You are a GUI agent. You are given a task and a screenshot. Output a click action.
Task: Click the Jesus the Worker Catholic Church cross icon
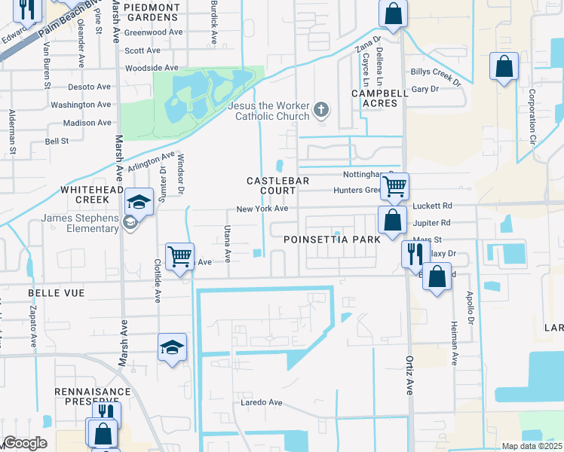(x=321, y=111)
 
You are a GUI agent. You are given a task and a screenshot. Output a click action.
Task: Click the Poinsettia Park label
(x=330, y=240)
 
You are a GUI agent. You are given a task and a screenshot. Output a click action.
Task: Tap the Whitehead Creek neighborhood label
(x=91, y=194)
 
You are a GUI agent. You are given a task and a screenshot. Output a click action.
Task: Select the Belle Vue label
(x=57, y=292)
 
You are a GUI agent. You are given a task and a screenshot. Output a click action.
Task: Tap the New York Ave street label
(x=262, y=209)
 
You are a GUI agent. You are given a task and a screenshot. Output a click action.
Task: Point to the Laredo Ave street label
(x=261, y=402)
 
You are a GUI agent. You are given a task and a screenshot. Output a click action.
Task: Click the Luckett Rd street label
(x=432, y=206)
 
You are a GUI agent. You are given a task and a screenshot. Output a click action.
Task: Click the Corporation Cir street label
(x=532, y=118)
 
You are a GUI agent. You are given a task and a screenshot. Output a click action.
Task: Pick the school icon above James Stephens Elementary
(x=139, y=200)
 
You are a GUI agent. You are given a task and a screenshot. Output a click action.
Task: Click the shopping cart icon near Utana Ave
(x=179, y=255)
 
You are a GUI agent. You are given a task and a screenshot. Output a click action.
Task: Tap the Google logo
(x=24, y=443)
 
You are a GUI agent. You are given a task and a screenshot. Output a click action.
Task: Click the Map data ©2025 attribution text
(x=532, y=446)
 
